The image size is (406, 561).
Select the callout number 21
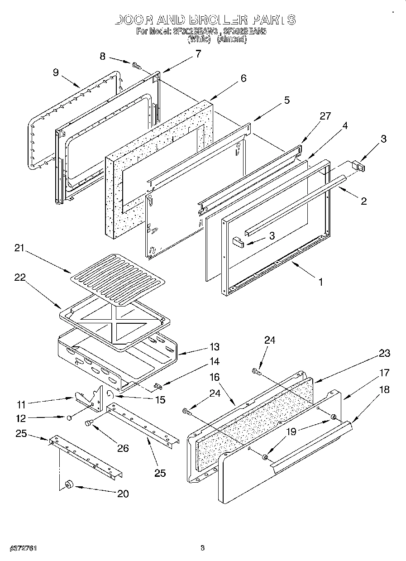(x=19, y=248)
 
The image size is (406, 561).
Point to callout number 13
(x=214, y=347)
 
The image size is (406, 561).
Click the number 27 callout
(x=325, y=116)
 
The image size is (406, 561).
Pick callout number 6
(x=243, y=78)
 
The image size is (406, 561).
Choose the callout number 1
(x=320, y=282)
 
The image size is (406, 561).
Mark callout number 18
(x=384, y=389)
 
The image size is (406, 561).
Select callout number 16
(x=214, y=376)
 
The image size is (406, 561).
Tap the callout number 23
(x=384, y=353)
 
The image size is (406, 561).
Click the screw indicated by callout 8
(x=135, y=66)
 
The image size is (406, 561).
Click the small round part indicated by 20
(x=69, y=485)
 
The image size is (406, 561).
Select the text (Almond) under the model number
(x=232, y=39)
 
